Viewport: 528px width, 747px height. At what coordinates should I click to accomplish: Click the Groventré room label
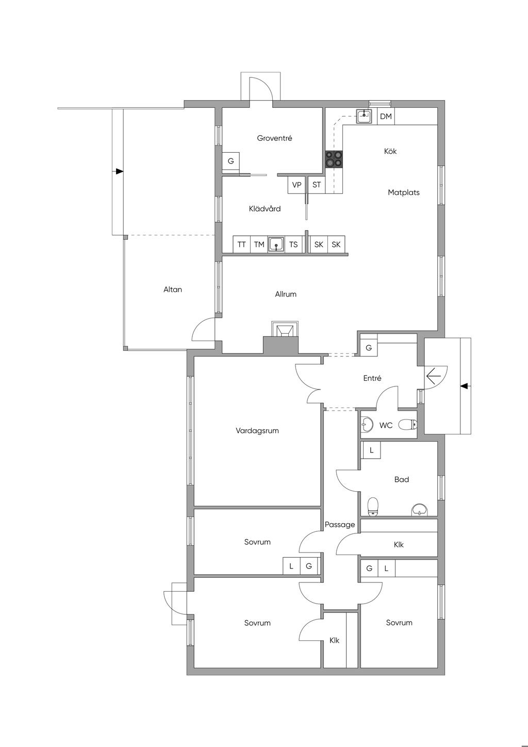click(x=274, y=138)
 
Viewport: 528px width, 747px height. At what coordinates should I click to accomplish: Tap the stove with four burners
click(x=334, y=159)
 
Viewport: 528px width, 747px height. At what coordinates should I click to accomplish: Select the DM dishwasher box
click(x=386, y=117)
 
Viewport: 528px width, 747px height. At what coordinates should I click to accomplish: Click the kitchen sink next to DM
click(x=364, y=116)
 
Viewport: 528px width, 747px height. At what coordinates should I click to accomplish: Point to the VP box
click(x=296, y=185)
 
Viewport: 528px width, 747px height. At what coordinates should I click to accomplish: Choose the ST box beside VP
click(x=317, y=185)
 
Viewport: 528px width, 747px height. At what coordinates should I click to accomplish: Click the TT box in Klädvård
click(x=241, y=245)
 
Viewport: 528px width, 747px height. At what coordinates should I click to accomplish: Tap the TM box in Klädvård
click(x=259, y=245)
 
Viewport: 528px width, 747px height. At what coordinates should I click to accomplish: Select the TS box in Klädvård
click(x=293, y=245)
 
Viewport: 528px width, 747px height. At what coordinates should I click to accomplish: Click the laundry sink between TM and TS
click(x=276, y=245)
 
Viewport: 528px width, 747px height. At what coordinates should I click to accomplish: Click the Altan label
click(x=173, y=289)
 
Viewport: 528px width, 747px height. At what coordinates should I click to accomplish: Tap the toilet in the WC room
click(x=408, y=425)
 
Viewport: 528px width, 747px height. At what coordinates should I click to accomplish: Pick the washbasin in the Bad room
click(x=418, y=509)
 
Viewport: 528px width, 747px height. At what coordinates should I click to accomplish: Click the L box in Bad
click(x=371, y=450)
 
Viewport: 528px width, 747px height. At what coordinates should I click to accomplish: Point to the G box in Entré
click(x=369, y=348)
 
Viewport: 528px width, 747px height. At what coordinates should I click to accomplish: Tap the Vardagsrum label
click(x=257, y=431)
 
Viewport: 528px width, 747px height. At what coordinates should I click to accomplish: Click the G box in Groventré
click(x=230, y=161)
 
